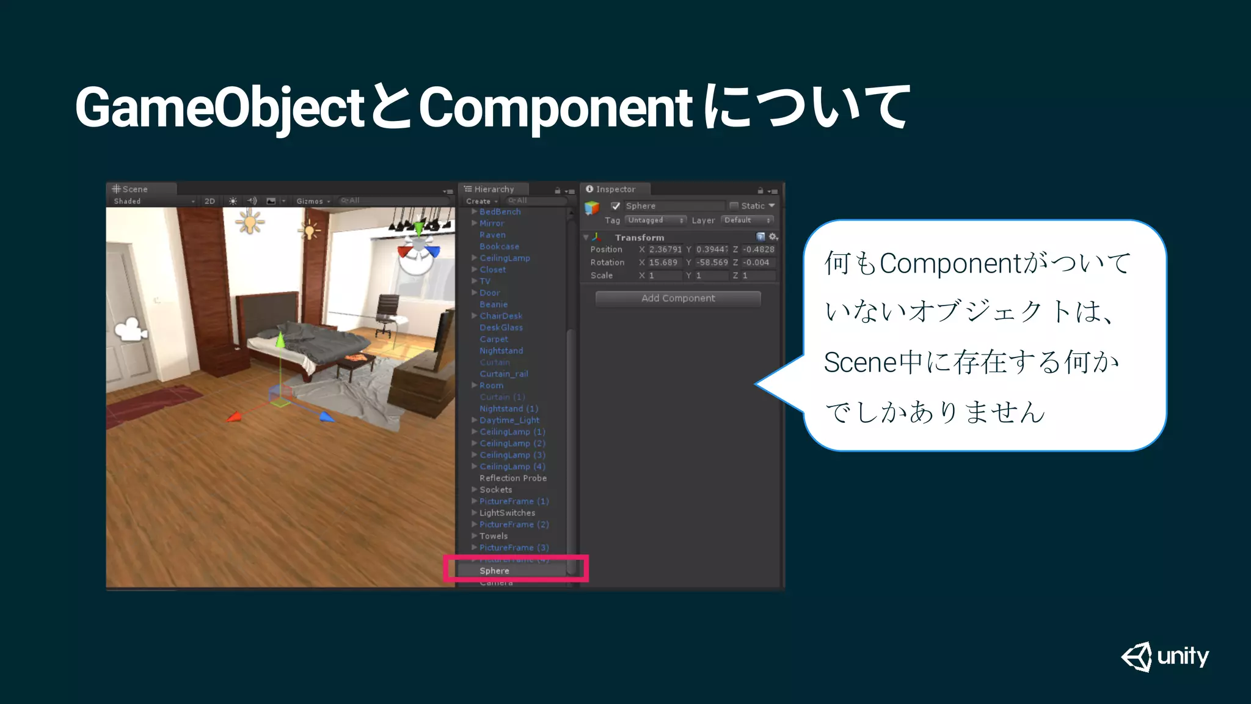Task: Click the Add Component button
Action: (x=678, y=298)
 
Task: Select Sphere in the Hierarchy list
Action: (x=494, y=571)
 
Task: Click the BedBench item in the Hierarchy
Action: (x=500, y=211)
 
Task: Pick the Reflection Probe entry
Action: (x=513, y=478)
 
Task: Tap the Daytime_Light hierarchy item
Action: (x=509, y=420)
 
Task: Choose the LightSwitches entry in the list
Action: (x=507, y=513)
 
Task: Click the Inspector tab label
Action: (x=615, y=189)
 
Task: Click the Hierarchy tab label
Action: (x=494, y=189)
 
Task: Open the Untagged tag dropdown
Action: (x=655, y=220)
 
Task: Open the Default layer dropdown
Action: (x=747, y=220)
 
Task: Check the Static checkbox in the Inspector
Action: (x=734, y=206)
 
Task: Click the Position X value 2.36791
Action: (x=665, y=249)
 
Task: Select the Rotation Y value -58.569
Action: (x=712, y=262)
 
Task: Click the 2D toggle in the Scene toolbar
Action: (x=210, y=201)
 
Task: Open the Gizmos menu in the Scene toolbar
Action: (x=312, y=201)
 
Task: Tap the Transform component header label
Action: (x=639, y=237)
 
